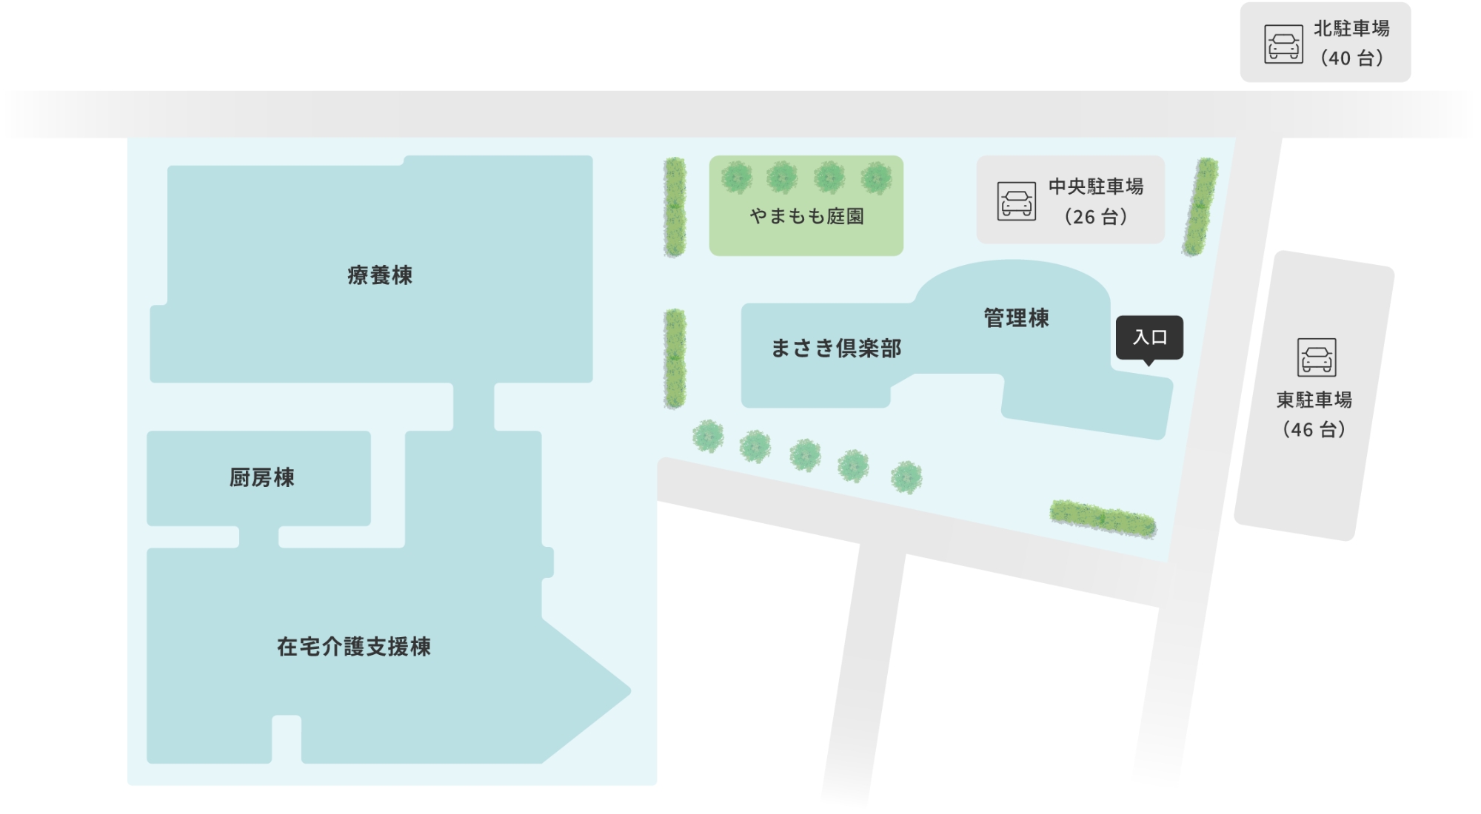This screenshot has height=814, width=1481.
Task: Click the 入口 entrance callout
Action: (1149, 337)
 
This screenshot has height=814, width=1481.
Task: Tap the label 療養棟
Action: (380, 275)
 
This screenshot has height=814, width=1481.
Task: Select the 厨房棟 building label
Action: (261, 478)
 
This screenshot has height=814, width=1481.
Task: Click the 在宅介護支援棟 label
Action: (354, 647)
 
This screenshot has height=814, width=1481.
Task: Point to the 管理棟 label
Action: (1016, 318)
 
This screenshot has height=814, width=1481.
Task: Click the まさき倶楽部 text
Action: (836, 349)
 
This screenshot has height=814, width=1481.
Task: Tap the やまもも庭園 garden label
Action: (806, 216)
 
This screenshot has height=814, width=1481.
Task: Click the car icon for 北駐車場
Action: (1283, 44)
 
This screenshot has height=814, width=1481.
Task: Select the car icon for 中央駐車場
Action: (1016, 201)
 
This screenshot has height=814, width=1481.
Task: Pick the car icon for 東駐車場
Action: (1316, 357)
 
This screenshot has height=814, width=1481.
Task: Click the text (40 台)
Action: (1351, 58)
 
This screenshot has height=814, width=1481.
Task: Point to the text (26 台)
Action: (1095, 218)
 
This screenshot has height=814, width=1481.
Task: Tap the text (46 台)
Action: (1314, 430)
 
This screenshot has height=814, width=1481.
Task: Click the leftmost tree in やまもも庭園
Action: (736, 178)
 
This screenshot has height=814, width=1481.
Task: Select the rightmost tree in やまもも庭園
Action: (876, 178)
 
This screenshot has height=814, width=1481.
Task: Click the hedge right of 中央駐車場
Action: (1200, 207)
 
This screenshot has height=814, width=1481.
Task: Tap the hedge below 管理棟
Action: (1103, 518)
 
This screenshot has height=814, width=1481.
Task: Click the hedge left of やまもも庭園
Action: (675, 207)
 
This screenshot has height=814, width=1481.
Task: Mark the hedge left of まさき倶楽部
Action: (675, 359)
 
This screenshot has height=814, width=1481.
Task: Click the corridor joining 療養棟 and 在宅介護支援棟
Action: (473, 407)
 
